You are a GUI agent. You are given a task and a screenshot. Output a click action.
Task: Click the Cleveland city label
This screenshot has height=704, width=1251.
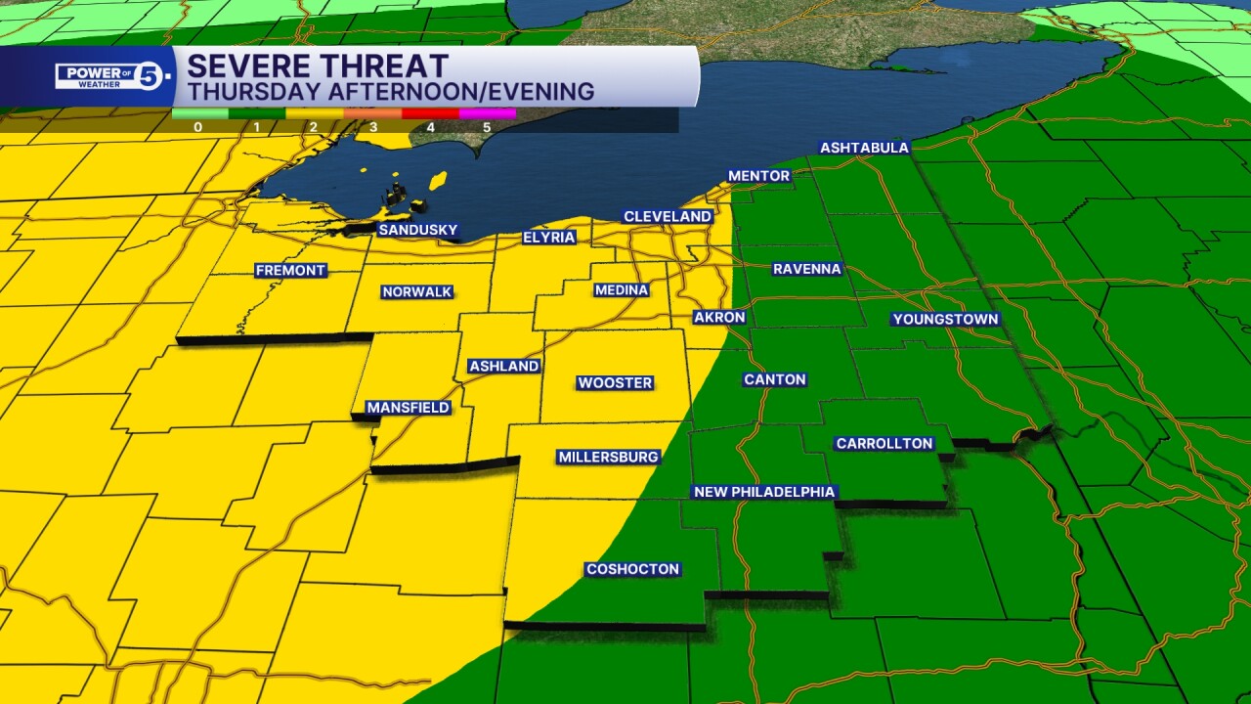(668, 216)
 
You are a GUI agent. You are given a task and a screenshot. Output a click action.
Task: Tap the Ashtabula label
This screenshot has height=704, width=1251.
(864, 148)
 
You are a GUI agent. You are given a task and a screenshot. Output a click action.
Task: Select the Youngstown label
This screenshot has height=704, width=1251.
(945, 319)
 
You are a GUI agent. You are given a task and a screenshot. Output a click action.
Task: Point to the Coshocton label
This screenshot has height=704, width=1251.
(632, 569)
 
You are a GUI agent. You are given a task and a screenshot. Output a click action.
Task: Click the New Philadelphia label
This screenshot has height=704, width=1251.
(764, 492)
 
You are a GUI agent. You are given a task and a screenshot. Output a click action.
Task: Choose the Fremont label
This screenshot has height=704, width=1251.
(290, 270)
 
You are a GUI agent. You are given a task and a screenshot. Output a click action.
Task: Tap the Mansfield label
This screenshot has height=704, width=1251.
(408, 407)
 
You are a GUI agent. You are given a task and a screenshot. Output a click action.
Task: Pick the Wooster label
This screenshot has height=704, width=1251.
(615, 382)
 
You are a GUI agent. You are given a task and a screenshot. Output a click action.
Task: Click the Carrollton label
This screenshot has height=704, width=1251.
(884, 443)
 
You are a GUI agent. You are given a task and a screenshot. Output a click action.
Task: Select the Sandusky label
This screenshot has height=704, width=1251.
(417, 230)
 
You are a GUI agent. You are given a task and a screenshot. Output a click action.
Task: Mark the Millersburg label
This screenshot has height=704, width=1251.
(608, 457)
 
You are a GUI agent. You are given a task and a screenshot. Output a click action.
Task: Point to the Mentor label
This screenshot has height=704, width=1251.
(758, 176)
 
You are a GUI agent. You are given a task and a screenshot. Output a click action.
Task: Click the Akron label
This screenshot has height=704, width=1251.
(719, 317)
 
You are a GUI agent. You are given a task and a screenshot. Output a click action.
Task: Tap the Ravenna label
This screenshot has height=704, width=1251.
(806, 268)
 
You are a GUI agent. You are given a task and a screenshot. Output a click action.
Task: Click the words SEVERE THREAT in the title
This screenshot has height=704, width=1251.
(318, 66)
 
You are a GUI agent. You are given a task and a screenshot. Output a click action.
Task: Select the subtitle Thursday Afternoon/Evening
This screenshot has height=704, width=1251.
(391, 92)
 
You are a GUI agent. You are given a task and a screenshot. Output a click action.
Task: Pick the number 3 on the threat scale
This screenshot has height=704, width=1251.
(372, 126)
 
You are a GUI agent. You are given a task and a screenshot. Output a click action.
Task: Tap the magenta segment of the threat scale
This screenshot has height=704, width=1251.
(488, 113)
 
